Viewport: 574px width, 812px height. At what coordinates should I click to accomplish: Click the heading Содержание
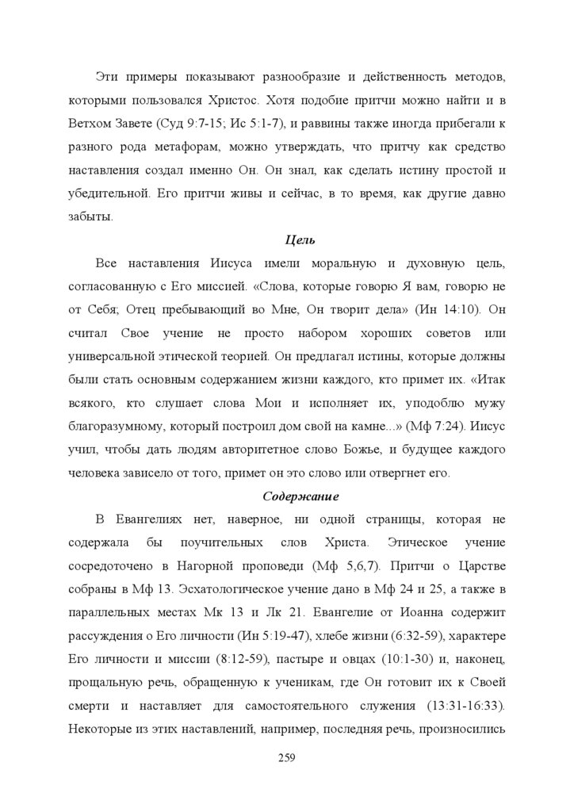pyautogui.click(x=300, y=496)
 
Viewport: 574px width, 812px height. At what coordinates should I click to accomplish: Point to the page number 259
pyautogui.click(x=287, y=758)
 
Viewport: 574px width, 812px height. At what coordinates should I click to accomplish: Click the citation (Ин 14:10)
pyautogui.click(x=445, y=308)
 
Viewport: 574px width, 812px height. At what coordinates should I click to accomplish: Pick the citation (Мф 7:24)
pyautogui.click(x=434, y=426)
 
